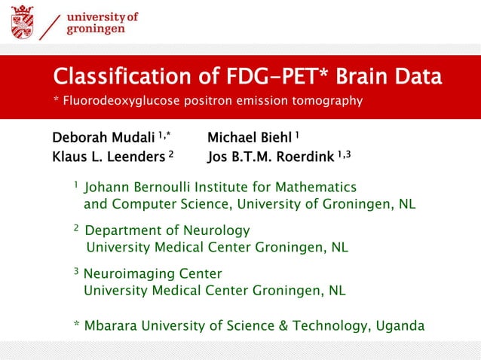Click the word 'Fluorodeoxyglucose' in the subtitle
[121, 101]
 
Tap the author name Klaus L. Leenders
[107, 157]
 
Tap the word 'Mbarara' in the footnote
[109, 326]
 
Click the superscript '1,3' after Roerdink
[343, 154]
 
